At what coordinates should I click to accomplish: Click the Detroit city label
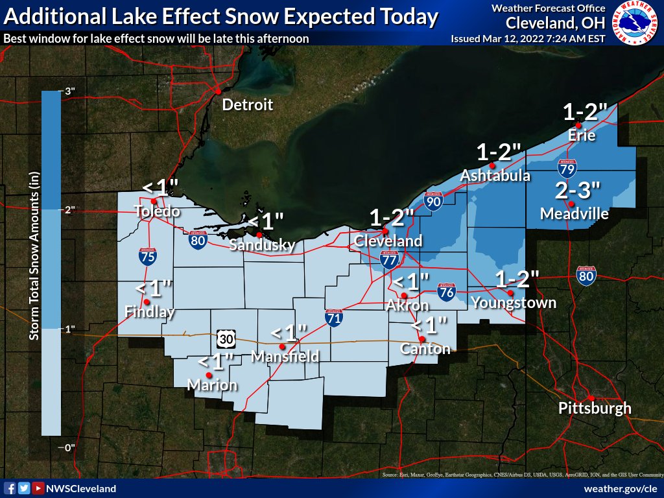(247, 105)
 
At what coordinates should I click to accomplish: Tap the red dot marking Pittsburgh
(591, 397)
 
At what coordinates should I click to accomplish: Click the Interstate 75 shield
(147, 256)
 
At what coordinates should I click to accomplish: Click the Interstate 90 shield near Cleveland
(433, 201)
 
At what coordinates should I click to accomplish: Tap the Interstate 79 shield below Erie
(567, 169)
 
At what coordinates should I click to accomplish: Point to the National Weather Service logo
(635, 23)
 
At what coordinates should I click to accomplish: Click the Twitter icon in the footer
(23, 488)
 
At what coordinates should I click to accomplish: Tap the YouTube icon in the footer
(38, 488)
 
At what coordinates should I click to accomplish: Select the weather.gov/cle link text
(621, 488)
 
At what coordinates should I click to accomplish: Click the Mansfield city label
(285, 356)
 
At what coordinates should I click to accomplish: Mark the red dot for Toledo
(154, 201)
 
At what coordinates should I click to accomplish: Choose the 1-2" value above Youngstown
(517, 280)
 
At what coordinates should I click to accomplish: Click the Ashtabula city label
(495, 176)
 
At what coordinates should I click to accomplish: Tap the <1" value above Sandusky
(263, 221)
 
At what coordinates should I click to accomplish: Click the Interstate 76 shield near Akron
(445, 290)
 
